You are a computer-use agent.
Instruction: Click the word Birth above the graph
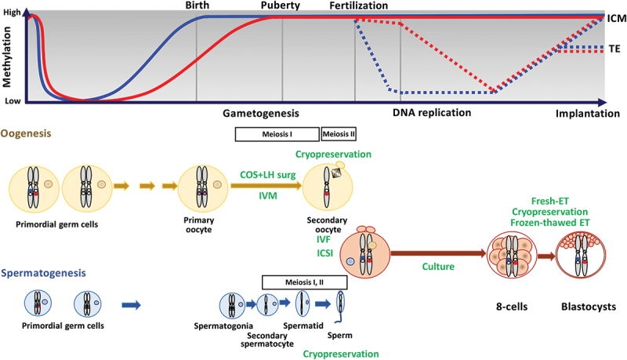(x=197, y=5)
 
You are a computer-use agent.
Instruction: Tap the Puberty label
(x=282, y=5)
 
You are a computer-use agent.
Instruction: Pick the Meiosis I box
(x=277, y=134)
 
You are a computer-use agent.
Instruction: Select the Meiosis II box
(x=339, y=134)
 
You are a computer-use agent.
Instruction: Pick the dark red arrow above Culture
(x=436, y=253)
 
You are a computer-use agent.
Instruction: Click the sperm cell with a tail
(x=340, y=305)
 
